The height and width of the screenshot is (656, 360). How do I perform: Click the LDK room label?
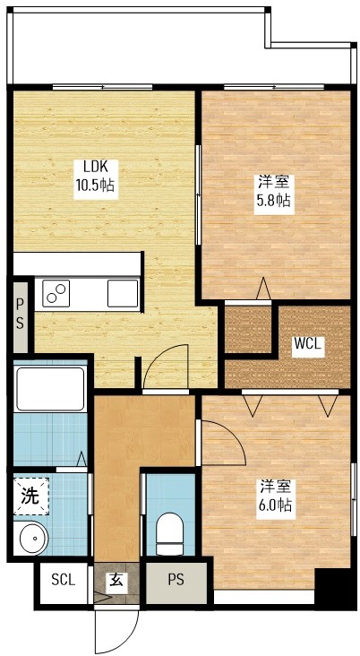(x=97, y=166)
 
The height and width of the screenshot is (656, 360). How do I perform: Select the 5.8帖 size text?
(x=272, y=200)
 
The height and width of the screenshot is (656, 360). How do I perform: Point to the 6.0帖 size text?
(x=275, y=505)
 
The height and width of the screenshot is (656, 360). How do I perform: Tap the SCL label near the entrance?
(x=63, y=580)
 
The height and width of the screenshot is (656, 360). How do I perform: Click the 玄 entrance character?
(x=116, y=580)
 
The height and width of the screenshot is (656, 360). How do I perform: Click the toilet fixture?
(x=168, y=534)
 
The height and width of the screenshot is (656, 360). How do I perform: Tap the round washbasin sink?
(x=33, y=539)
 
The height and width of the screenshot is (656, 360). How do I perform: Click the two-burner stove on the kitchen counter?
(x=56, y=292)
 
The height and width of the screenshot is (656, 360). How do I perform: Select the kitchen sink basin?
(x=122, y=292)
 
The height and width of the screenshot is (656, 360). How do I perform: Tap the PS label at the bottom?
(x=176, y=580)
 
